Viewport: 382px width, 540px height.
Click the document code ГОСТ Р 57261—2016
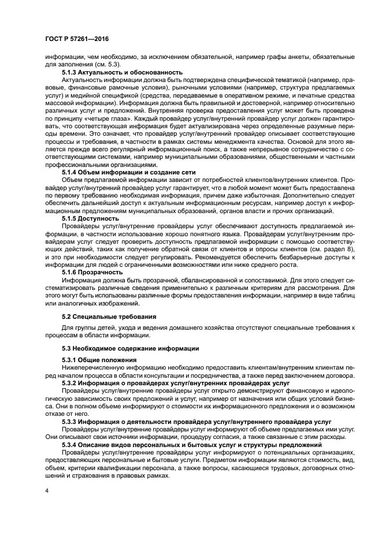pyautogui.click(x=76, y=39)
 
